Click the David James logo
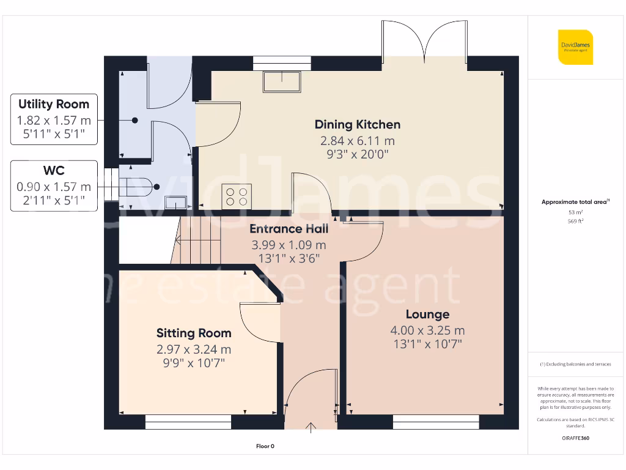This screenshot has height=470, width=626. pyautogui.click(x=575, y=47)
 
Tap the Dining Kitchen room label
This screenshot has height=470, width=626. pyautogui.click(x=358, y=124)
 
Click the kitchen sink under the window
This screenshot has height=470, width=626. pyautogui.click(x=282, y=81)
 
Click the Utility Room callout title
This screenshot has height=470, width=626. pyautogui.click(x=54, y=104)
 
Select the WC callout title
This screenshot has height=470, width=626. pyautogui.click(x=54, y=171)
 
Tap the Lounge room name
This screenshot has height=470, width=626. pyautogui.click(x=427, y=315)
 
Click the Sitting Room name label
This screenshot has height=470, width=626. pyautogui.click(x=194, y=333)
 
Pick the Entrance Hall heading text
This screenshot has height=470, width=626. pyautogui.click(x=289, y=229)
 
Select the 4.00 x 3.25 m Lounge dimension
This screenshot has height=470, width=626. pyautogui.click(x=427, y=330)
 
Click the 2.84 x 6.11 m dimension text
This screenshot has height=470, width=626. pyautogui.click(x=358, y=141)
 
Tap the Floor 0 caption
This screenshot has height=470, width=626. pyautogui.click(x=265, y=447)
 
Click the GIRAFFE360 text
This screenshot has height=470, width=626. pyautogui.click(x=575, y=438)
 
